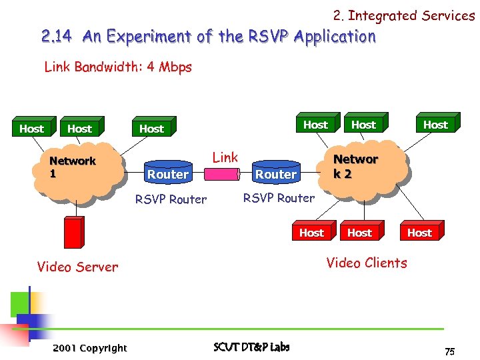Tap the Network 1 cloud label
pos(73,167)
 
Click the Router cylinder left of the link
pos(167,174)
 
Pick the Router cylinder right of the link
pos(276,174)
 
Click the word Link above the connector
pos(225,157)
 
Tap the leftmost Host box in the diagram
pos(31,129)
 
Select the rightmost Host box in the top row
pos(435,125)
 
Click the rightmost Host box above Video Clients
pos(419,233)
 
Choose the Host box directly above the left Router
pos(151,129)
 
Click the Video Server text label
pos(77,267)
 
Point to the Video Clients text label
pos(366,263)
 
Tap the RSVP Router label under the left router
pos(171,199)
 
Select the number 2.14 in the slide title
pos(58,37)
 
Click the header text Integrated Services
pos(411,15)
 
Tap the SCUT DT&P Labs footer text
pos(251,347)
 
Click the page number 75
pos(449,351)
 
